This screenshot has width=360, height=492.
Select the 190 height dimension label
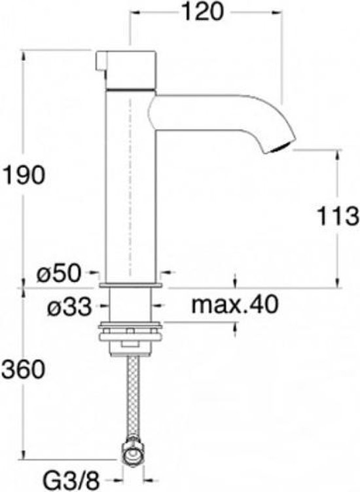pos(24,175)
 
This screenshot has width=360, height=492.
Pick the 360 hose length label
pos(24,370)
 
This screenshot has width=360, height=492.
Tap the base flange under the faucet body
pos(131,286)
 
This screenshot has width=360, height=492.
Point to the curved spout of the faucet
pos(223,111)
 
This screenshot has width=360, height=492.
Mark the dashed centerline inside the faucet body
pos(132,196)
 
